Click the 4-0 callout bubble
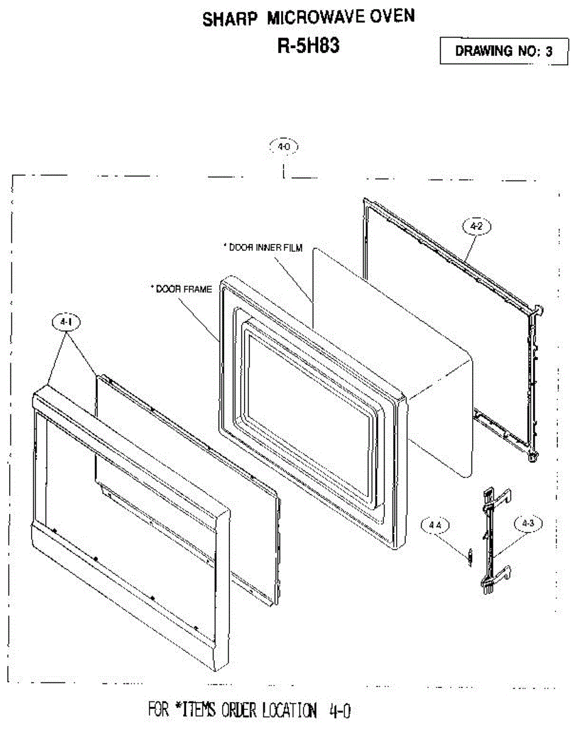(284, 147)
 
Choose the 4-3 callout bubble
(526, 523)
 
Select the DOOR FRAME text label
(181, 289)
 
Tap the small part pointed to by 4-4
(469, 555)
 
